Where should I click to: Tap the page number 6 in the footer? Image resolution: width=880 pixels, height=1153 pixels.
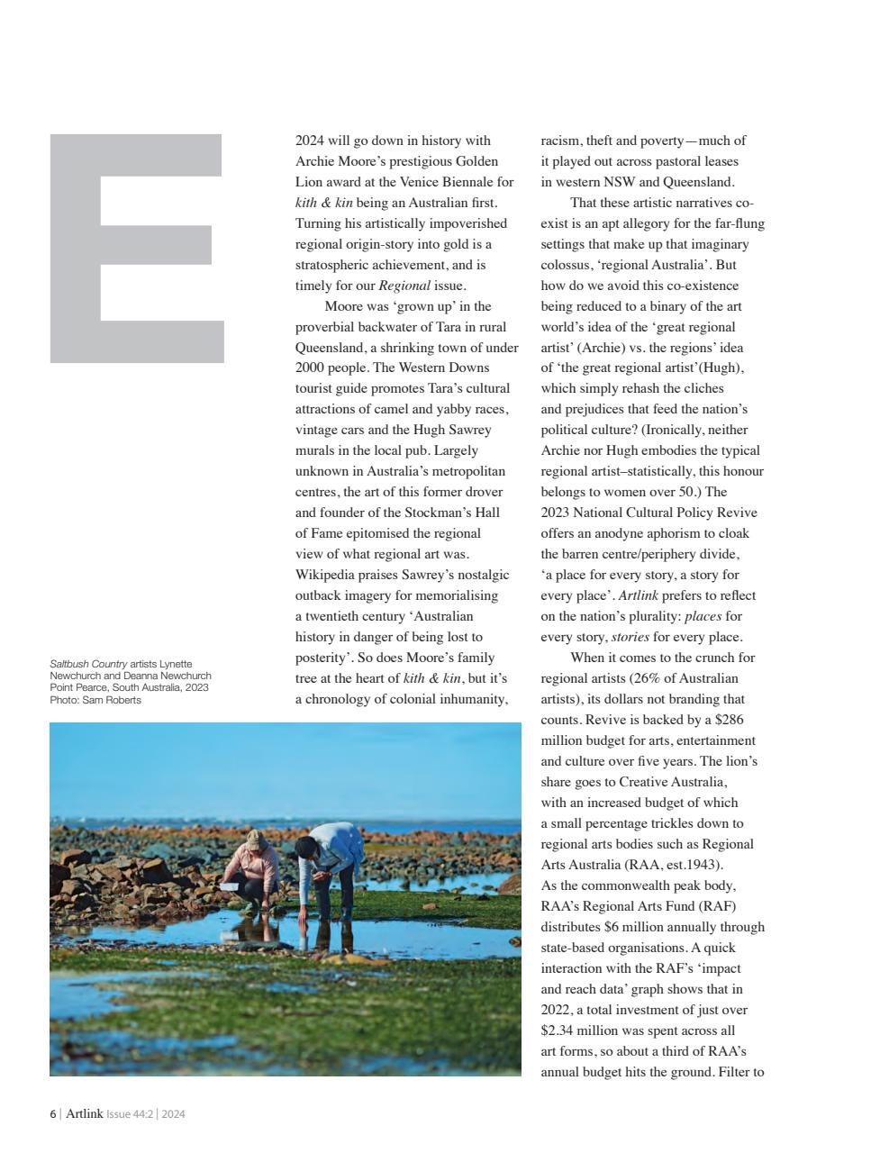tap(52, 1114)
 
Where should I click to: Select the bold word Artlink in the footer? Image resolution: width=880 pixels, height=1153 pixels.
tap(84, 1114)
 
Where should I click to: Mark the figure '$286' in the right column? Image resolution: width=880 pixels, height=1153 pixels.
tap(728, 720)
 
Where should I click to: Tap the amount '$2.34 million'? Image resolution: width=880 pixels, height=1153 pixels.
tap(580, 1030)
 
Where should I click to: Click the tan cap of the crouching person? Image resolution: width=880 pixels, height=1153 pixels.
tap(257, 839)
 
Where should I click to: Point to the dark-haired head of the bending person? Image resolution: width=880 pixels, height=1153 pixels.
tap(306, 847)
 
